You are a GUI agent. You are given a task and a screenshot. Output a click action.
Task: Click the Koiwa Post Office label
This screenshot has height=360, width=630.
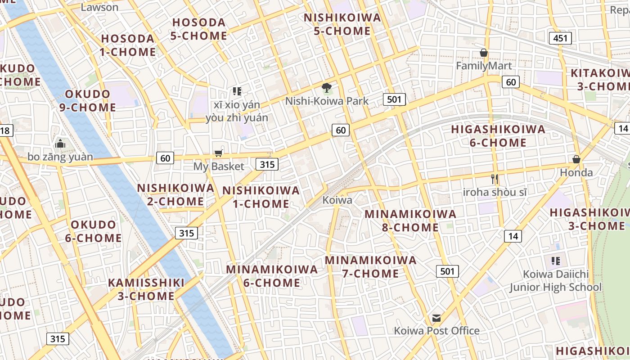click(436, 331)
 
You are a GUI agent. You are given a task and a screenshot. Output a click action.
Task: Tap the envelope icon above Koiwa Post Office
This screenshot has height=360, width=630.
click(436, 318)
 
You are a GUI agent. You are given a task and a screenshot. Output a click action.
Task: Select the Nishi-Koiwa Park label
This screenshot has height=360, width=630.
click(327, 101)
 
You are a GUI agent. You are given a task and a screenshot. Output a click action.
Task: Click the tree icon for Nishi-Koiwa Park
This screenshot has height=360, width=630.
click(327, 88)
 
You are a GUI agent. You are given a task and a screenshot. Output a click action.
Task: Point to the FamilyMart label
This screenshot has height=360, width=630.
click(484, 66)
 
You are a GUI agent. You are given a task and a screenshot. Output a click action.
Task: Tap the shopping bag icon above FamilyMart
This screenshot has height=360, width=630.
click(484, 53)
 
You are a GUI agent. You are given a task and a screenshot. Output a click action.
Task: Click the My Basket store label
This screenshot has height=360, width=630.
click(219, 166)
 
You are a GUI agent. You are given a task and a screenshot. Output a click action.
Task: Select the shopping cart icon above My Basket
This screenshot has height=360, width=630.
click(219, 153)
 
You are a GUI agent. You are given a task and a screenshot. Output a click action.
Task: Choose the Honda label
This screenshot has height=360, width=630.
click(576, 172)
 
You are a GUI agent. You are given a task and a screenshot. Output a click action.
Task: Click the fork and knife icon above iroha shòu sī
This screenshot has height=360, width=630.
click(495, 179)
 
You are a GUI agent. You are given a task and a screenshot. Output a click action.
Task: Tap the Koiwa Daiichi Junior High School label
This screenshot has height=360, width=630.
click(555, 280)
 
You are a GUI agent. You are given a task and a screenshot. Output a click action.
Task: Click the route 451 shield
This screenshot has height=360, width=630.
click(560, 38)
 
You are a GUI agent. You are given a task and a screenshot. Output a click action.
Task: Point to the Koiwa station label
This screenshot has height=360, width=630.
click(337, 200)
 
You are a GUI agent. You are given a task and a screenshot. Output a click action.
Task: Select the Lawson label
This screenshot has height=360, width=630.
click(99, 7)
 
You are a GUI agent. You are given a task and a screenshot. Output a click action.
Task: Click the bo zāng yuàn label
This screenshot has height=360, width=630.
click(60, 157)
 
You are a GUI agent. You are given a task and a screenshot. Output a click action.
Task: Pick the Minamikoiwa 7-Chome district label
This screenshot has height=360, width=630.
click(371, 267)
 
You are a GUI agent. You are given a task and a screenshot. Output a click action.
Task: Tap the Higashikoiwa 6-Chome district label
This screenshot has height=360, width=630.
click(498, 136)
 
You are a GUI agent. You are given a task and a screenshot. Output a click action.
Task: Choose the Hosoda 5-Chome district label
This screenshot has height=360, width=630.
click(199, 29)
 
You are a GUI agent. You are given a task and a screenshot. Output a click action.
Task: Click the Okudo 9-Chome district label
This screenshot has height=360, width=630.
click(88, 101)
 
